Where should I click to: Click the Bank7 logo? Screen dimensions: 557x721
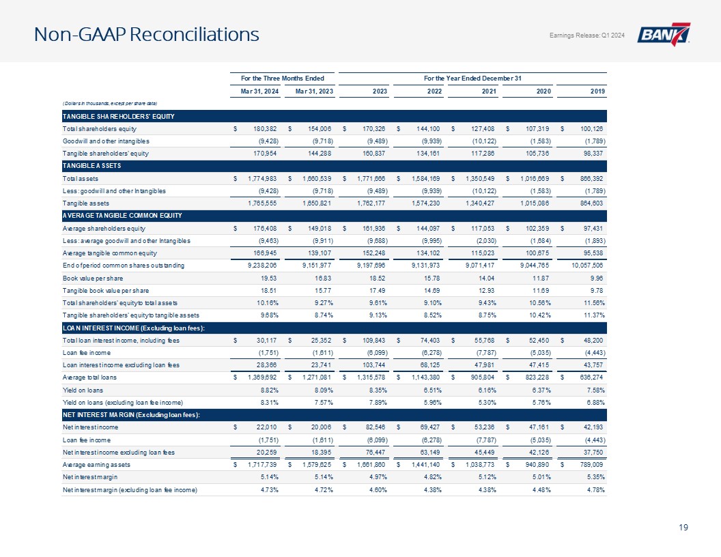[x=664, y=34]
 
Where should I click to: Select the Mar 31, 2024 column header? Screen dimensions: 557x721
[x=260, y=91]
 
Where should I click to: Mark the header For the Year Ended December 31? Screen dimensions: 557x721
[x=472, y=78]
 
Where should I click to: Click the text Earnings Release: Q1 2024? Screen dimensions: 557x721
[x=586, y=35]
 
